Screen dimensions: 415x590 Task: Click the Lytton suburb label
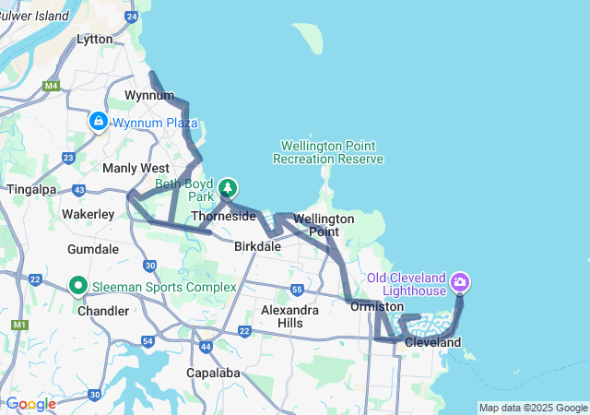pos(95,39)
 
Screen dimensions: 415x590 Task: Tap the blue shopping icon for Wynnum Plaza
pos(99,121)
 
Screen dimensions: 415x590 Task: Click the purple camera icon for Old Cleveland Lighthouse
pos(460,280)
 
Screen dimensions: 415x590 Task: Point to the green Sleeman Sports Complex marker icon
pos(78,287)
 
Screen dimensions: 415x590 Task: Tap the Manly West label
pos(136,168)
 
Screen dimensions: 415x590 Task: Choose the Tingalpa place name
pos(32,189)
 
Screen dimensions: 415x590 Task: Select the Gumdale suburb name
pos(93,249)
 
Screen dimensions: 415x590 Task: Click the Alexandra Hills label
pos(290,317)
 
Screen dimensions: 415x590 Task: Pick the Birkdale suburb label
pos(257,246)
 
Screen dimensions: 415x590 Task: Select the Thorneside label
pos(223,216)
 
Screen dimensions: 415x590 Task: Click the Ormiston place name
pos(377,306)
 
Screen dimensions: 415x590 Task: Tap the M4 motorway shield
pos(50,86)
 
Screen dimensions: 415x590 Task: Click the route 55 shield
pos(296,290)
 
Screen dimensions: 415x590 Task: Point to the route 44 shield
pos(205,347)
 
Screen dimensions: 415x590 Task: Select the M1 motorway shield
pos(18,325)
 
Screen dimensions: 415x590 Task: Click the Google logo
pos(30,404)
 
